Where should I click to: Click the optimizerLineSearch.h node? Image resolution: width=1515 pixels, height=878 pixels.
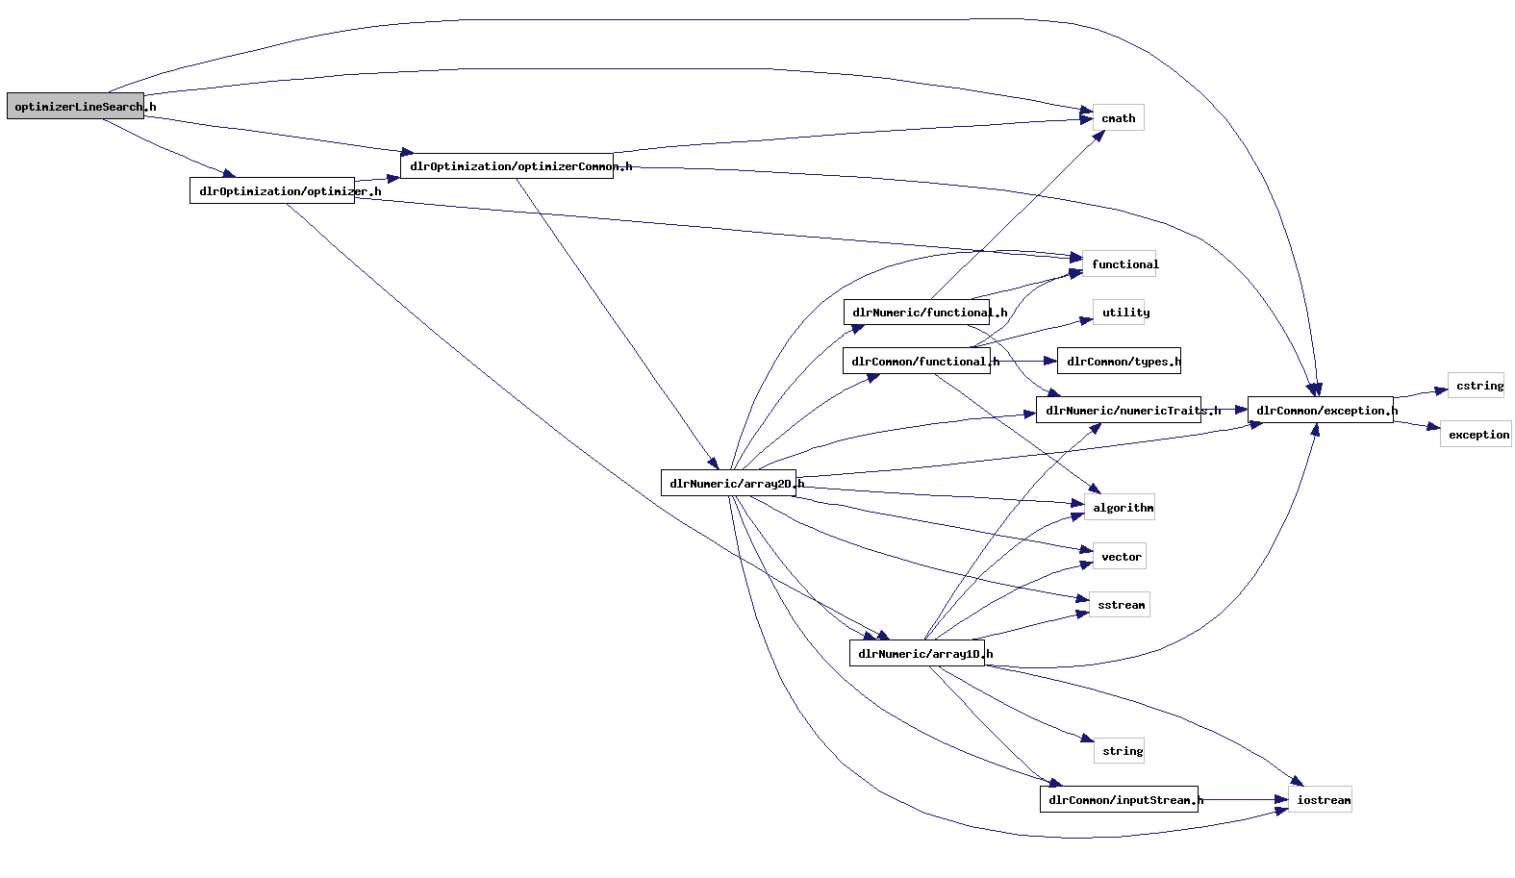click(x=75, y=107)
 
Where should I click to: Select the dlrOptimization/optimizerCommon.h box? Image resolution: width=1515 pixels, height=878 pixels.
click(x=507, y=166)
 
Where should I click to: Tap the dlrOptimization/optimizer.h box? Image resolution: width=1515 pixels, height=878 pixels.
click(x=272, y=191)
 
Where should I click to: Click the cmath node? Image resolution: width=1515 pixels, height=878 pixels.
click(x=1118, y=118)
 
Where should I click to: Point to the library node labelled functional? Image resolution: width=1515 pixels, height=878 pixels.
click(x=1119, y=264)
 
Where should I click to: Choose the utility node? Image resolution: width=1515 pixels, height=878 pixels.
click(x=1119, y=313)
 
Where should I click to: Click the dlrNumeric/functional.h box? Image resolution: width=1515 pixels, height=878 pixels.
click(x=917, y=313)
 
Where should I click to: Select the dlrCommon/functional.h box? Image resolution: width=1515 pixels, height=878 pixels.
click(x=917, y=362)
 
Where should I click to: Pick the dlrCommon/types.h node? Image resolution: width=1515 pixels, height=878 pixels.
click(x=1119, y=362)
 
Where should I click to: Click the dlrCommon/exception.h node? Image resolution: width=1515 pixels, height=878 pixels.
click(x=1320, y=411)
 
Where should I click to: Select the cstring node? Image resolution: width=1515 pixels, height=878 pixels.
click(x=1476, y=386)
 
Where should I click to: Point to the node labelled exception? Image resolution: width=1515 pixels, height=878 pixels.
click(x=1476, y=435)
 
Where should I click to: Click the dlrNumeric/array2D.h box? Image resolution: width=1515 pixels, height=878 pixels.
click(x=728, y=484)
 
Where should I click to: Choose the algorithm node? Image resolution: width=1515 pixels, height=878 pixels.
click(x=1120, y=508)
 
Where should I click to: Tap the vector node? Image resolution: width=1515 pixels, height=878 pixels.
click(x=1120, y=557)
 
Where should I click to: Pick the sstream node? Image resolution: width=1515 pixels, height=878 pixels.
click(x=1120, y=605)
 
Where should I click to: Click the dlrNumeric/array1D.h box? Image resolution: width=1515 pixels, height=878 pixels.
click(x=917, y=654)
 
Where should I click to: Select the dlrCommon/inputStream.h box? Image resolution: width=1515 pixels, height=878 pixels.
click(x=1119, y=800)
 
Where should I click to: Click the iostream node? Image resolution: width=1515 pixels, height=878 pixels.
click(x=1320, y=800)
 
